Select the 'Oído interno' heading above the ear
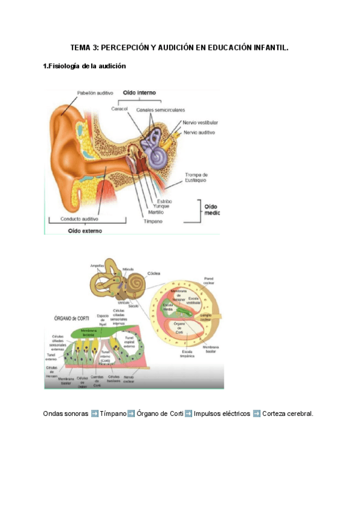coord(139,93)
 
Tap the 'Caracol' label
coord(121,109)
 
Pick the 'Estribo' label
coord(164,200)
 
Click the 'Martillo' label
coord(155,211)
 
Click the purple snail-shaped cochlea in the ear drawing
coord(158,157)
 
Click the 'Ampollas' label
coord(97,265)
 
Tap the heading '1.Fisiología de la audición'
coord(85,66)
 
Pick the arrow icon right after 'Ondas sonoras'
coord(94,414)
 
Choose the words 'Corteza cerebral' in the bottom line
coord(288,414)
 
